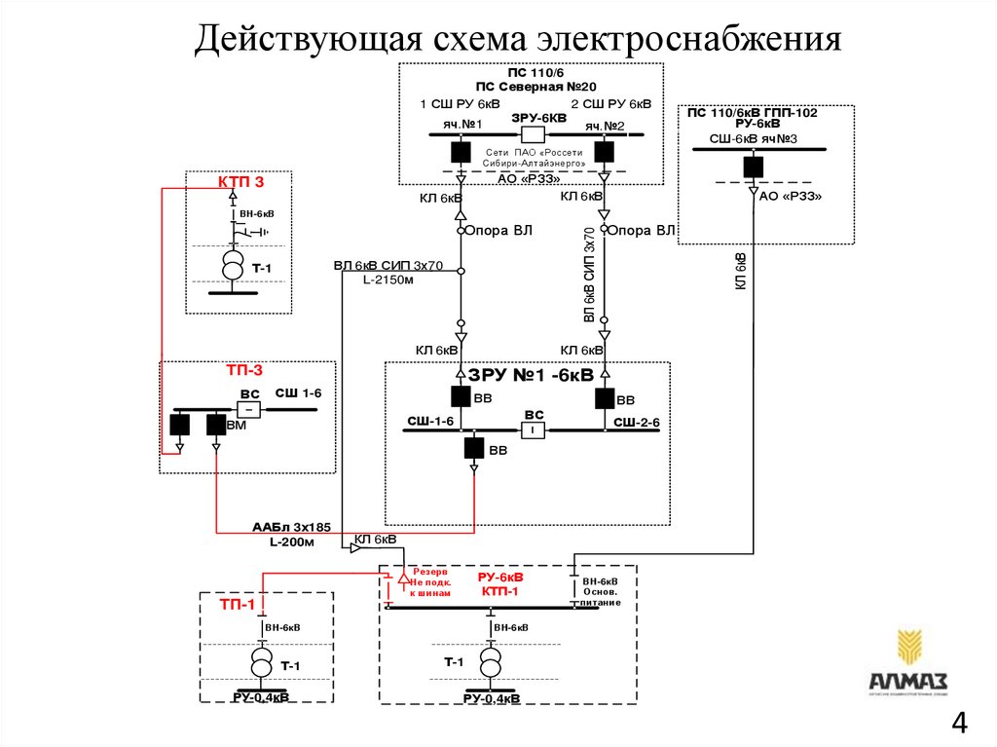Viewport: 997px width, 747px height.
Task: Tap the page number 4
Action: pyautogui.click(x=959, y=724)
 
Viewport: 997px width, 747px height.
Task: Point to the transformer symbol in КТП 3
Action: pyautogui.click(x=233, y=265)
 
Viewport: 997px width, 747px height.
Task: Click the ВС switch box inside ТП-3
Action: pyautogui.click(x=250, y=409)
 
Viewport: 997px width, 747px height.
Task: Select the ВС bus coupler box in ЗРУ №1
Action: pyautogui.click(x=533, y=430)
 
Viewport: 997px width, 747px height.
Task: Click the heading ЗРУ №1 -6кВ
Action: pyautogui.click(x=531, y=375)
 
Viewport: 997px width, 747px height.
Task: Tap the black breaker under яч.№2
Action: pyautogui.click(x=604, y=151)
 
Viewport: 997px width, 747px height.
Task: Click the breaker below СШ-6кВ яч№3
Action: pyautogui.click(x=753, y=166)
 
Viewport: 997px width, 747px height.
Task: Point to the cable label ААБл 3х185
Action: pyautogui.click(x=291, y=527)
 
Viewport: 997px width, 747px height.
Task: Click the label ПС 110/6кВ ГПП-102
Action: pyautogui.click(x=753, y=113)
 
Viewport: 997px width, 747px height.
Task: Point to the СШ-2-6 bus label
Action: pyautogui.click(x=636, y=422)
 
